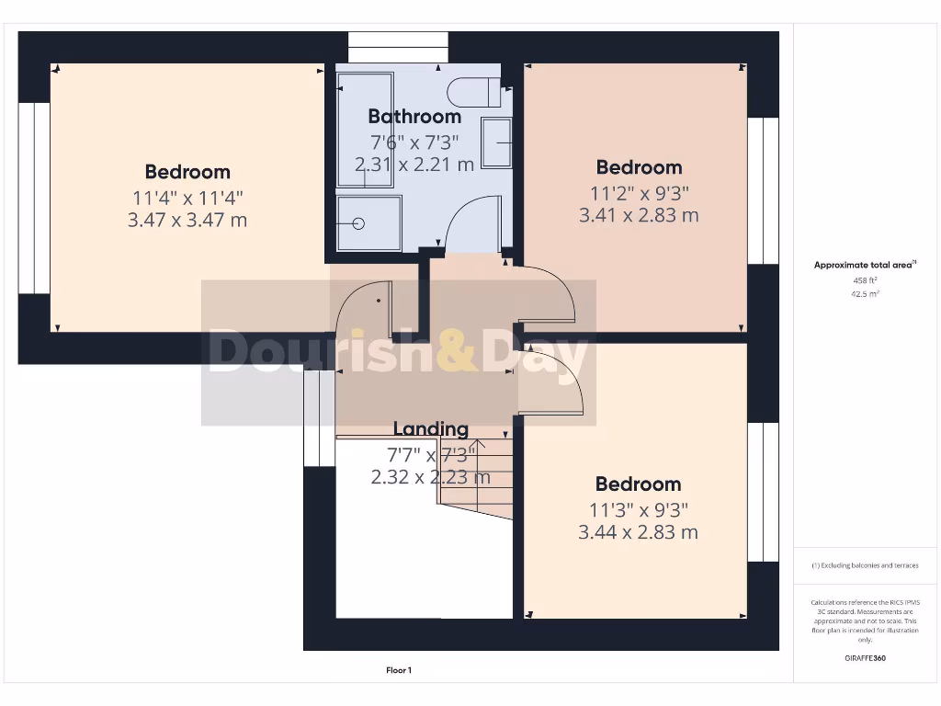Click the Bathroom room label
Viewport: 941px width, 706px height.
point(414,117)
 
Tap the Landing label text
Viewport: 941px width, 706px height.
point(430,429)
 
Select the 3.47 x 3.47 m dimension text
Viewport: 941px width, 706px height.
point(187,220)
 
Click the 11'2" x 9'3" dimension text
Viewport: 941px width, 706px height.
point(639,192)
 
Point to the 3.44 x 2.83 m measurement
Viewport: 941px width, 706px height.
point(638,532)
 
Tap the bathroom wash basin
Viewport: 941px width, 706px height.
point(497,142)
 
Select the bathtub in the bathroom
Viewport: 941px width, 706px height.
point(365,129)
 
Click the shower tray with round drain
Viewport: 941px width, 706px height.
point(368,222)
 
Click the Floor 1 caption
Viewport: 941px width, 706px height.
point(398,671)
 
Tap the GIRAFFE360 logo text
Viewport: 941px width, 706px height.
point(865,658)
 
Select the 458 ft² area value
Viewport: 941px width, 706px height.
point(865,279)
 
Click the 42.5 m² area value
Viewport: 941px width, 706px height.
point(865,294)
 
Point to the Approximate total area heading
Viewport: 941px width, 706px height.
point(864,265)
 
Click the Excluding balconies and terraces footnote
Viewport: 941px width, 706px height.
point(864,565)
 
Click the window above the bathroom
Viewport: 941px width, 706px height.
point(398,47)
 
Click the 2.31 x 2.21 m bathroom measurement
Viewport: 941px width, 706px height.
point(414,165)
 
